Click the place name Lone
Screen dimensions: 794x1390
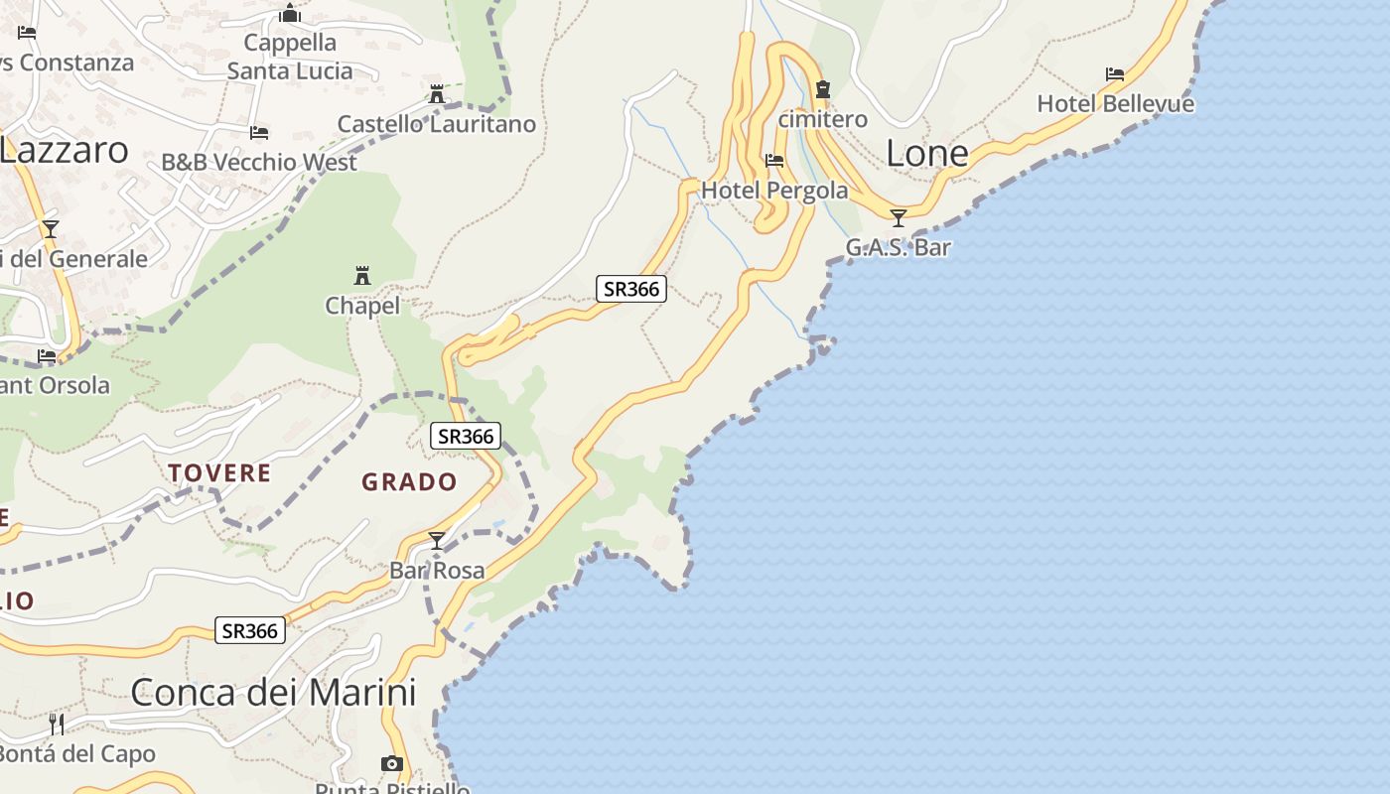click(926, 153)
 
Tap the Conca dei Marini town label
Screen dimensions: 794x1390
click(273, 692)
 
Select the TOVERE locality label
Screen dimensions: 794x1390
click(219, 472)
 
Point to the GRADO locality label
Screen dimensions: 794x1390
click(409, 482)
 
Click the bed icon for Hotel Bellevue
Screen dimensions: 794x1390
click(1115, 74)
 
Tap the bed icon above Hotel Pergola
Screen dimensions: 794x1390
click(774, 160)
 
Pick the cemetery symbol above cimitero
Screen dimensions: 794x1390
click(822, 89)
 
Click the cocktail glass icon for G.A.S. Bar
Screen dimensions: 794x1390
click(899, 218)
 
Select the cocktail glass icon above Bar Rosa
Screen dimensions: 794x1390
click(437, 541)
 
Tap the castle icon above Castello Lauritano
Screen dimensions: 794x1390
click(437, 94)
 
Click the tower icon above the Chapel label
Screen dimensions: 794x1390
click(362, 275)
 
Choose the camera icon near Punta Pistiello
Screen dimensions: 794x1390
click(392, 763)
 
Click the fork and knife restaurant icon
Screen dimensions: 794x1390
click(57, 724)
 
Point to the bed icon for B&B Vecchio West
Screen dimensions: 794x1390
click(259, 132)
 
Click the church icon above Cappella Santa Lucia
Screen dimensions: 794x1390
click(290, 13)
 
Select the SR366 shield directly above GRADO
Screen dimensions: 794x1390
click(466, 436)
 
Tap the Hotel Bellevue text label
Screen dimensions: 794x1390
click(1115, 103)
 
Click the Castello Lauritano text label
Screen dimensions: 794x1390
click(437, 124)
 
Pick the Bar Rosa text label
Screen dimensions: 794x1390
click(437, 570)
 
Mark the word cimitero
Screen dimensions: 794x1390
click(822, 119)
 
